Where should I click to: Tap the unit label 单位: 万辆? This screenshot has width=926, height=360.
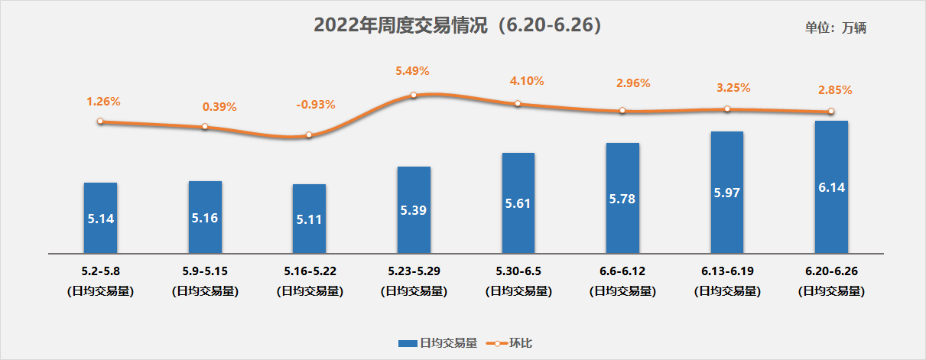coord(835,28)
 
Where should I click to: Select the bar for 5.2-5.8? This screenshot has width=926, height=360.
coord(100,217)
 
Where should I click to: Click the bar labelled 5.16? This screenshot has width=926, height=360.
coord(205,216)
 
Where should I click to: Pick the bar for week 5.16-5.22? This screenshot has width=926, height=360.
coord(309,218)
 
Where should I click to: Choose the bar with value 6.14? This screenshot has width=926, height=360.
coord(831,186)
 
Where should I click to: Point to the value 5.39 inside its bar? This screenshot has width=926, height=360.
coord(414,209)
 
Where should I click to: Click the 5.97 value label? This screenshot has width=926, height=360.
coord(726,192)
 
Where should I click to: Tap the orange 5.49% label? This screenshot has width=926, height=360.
coord(412,70)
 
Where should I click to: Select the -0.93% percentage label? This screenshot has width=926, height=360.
coord(315,104)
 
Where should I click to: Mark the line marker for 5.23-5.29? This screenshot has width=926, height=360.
coord(414,95)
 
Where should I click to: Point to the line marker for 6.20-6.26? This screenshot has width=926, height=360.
coord(831,112)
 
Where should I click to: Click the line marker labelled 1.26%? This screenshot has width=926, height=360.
coord(100,121)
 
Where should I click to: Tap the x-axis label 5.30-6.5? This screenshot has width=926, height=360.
coord(518,271)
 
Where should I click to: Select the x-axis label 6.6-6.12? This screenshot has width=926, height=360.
coord(622,271)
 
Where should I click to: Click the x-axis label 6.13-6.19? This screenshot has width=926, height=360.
coord(726,271)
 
